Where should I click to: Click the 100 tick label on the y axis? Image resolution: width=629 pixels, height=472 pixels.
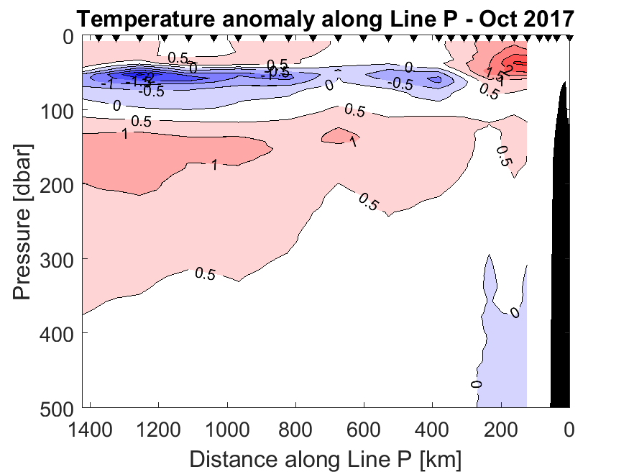point(57,110)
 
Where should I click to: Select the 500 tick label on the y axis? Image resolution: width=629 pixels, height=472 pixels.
point(57,407)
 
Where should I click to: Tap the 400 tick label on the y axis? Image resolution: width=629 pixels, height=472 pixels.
point(57,332)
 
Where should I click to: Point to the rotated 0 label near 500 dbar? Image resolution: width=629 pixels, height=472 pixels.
point(476,383)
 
